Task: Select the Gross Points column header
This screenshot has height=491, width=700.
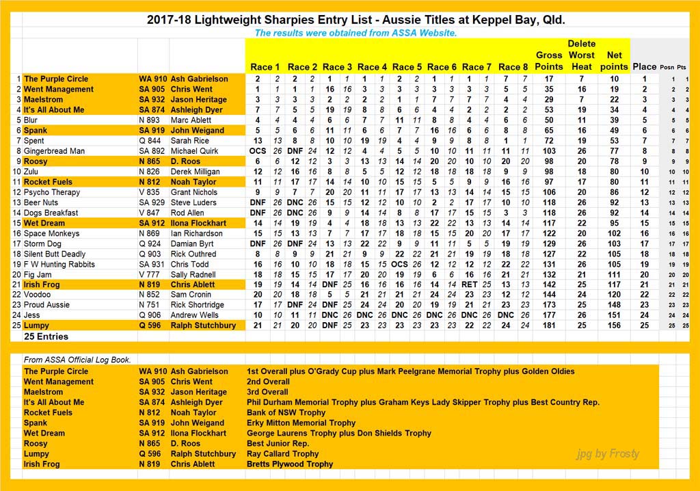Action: tap(548, 60)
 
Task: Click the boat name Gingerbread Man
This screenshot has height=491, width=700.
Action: tap(55, 151)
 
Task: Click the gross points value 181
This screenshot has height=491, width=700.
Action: tap(548, 326)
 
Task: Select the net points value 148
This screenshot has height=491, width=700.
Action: tap(613, 305)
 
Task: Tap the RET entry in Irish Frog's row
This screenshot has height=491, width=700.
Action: tap(469, 284)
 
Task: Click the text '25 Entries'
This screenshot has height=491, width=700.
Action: tap(46, 336)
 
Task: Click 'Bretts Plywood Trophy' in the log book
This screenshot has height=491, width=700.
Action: tap(290, 464)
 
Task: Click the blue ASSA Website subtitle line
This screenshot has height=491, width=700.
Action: tap(355, 33)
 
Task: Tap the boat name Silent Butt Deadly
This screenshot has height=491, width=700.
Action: tap(55, 254)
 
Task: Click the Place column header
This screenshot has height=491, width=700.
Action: tap(644, 66)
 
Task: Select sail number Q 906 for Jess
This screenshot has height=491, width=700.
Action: tap(150, 315)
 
